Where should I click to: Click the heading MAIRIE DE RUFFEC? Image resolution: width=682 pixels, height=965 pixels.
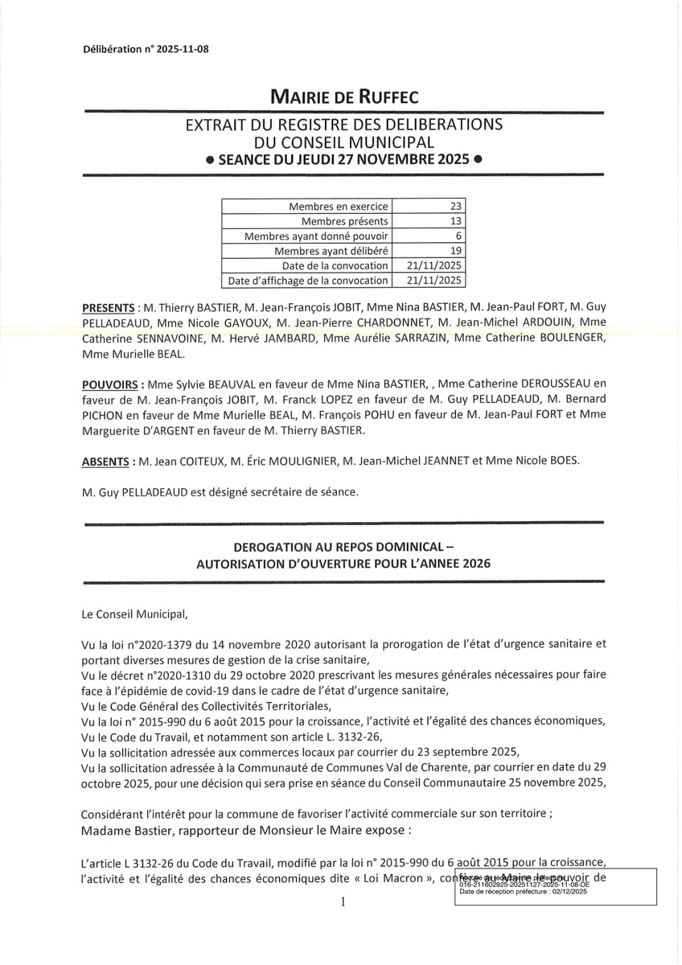343,98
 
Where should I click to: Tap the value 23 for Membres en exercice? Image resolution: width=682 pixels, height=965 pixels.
454,207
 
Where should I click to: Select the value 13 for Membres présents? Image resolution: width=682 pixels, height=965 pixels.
454,221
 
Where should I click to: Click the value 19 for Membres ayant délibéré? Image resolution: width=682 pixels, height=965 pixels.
454,251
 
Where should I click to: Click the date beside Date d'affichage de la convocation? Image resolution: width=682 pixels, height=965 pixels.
435,281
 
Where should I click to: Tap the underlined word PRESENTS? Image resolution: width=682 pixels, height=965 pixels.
108,308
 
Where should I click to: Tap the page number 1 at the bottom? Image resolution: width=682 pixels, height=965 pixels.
343,902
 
